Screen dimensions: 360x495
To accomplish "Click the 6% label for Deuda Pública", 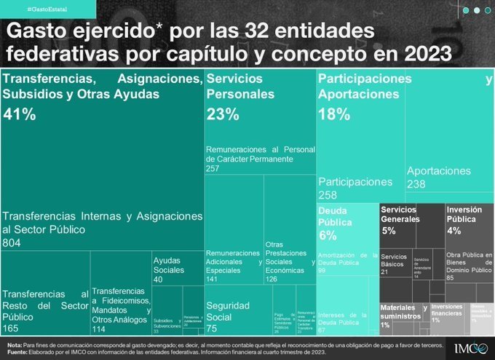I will coord(328,235).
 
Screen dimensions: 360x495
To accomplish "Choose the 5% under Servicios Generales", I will coord(389,231).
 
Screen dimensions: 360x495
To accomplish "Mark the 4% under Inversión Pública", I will coord(454,231).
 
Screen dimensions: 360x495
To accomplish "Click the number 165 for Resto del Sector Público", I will coord(12,328).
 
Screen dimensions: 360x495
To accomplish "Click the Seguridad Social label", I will coord(228,311).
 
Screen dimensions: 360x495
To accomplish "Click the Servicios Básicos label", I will coord(394,260).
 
